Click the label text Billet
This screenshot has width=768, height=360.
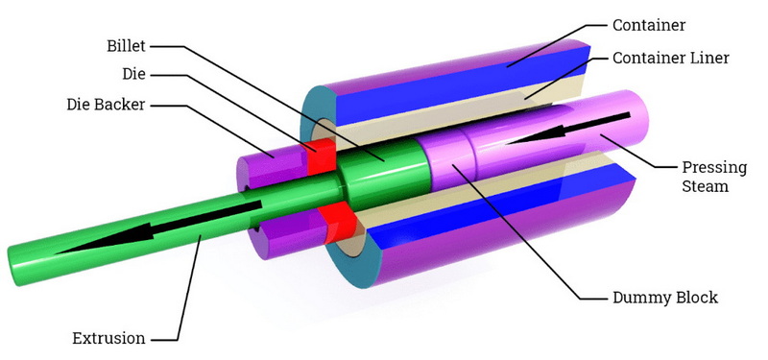[127, 46]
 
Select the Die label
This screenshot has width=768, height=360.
[134, 75]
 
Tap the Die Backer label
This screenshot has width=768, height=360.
[107, 105]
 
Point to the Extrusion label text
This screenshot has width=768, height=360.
[108, 338]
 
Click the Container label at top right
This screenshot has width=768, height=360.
[649, 25]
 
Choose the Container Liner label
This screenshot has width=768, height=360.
[671, 58]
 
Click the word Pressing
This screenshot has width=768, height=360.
[714, 168]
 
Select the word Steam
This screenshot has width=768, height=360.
[706, 186]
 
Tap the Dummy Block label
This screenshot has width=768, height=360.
[664, 298]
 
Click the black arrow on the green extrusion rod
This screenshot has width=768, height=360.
[157, 228]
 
